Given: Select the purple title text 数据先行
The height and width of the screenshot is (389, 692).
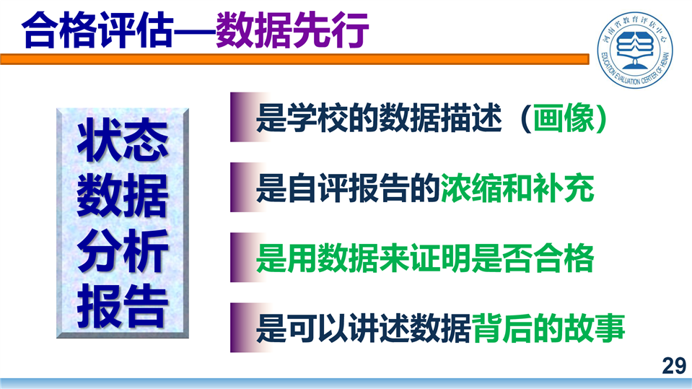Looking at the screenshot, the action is point(292,30).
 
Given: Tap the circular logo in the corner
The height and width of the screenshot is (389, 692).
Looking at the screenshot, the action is point(635,49).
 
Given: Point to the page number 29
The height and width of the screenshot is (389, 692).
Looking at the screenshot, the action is point(674,366).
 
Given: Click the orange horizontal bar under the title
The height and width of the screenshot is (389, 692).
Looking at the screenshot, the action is point(294,59).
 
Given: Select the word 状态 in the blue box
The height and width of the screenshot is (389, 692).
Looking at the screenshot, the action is point(123,140).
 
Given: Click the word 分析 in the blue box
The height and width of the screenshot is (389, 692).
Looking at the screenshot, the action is point(123,250).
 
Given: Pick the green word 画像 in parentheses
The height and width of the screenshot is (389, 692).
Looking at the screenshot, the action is point(563,118).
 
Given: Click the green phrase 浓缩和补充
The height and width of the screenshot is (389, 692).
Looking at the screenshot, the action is point(517,188).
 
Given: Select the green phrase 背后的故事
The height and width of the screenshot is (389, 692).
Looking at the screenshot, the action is point(548,328).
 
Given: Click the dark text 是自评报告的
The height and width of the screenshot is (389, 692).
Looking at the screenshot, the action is point(348,188).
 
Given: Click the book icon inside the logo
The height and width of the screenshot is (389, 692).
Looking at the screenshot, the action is point(635,48).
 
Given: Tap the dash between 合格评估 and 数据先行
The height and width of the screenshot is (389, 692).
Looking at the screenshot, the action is point(195,32).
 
